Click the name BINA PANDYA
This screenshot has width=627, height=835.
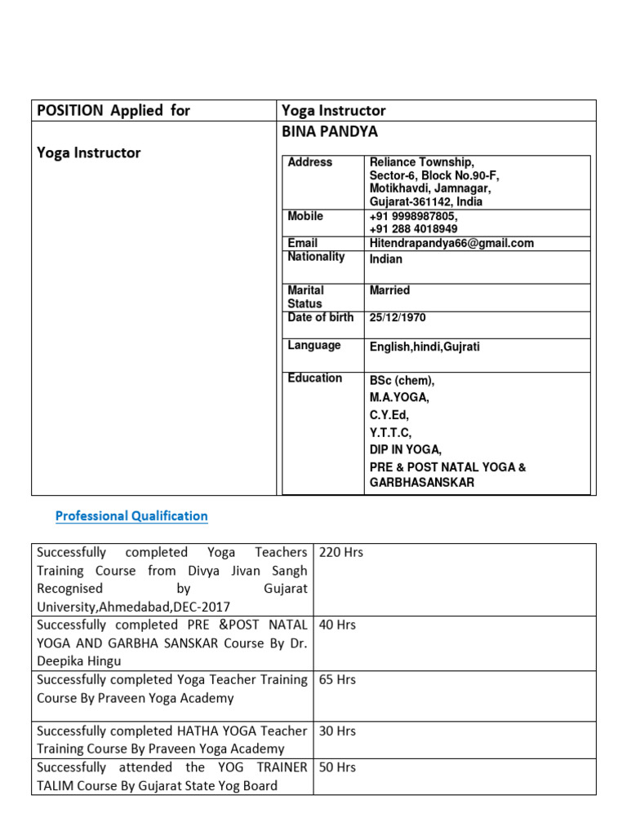click(x=330, y=132)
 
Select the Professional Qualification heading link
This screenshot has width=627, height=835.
click(x=131, y=516)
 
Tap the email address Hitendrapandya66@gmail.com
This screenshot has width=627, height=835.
click(x=451, y=243)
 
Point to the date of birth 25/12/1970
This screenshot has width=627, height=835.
click(x=398, y=318)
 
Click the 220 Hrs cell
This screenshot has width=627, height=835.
click(x=341, y=553)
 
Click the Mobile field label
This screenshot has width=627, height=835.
click(x=305, y=216)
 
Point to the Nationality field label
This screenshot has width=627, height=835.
click(x=316, y=257)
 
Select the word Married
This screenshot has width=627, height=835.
click(x=389, y=290)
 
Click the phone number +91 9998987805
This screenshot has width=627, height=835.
click(x=413, y=217)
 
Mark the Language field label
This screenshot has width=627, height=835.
click(x=314, y=346)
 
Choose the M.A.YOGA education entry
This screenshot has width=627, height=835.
click(x=399, y=398)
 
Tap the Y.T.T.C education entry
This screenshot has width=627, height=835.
click(x=391, y=432)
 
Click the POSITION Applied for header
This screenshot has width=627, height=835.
click(x=113, y=111)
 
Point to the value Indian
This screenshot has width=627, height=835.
click(x=386, y=259)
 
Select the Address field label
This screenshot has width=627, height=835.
click(x=310, y=162)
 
